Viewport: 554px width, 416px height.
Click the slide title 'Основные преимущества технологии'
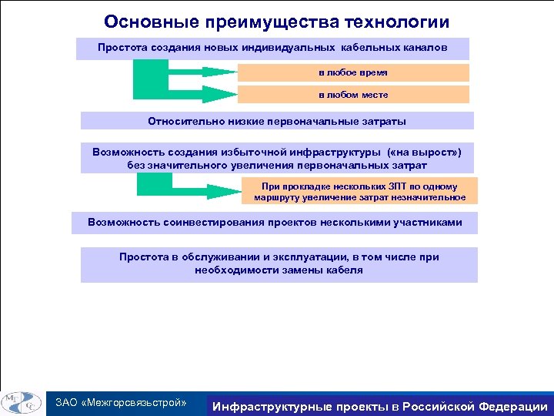tap(276, 22)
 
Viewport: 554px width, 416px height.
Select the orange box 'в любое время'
tap(353, 72)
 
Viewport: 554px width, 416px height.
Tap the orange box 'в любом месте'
tap(353, 95)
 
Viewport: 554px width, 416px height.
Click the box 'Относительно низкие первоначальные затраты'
tap(277, 121)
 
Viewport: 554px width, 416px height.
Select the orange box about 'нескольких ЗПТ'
tap(359, 191)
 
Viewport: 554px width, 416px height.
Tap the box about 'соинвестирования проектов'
tap(275, 223)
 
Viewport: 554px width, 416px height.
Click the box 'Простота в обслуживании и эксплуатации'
tap(279, 264)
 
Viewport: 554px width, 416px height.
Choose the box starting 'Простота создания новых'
tap(272, 48)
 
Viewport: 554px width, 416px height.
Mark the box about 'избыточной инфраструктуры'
tap(276, 159)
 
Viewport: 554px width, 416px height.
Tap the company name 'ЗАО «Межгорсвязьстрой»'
tap(122, 403)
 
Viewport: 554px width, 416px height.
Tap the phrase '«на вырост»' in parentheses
tap(426, 153)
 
